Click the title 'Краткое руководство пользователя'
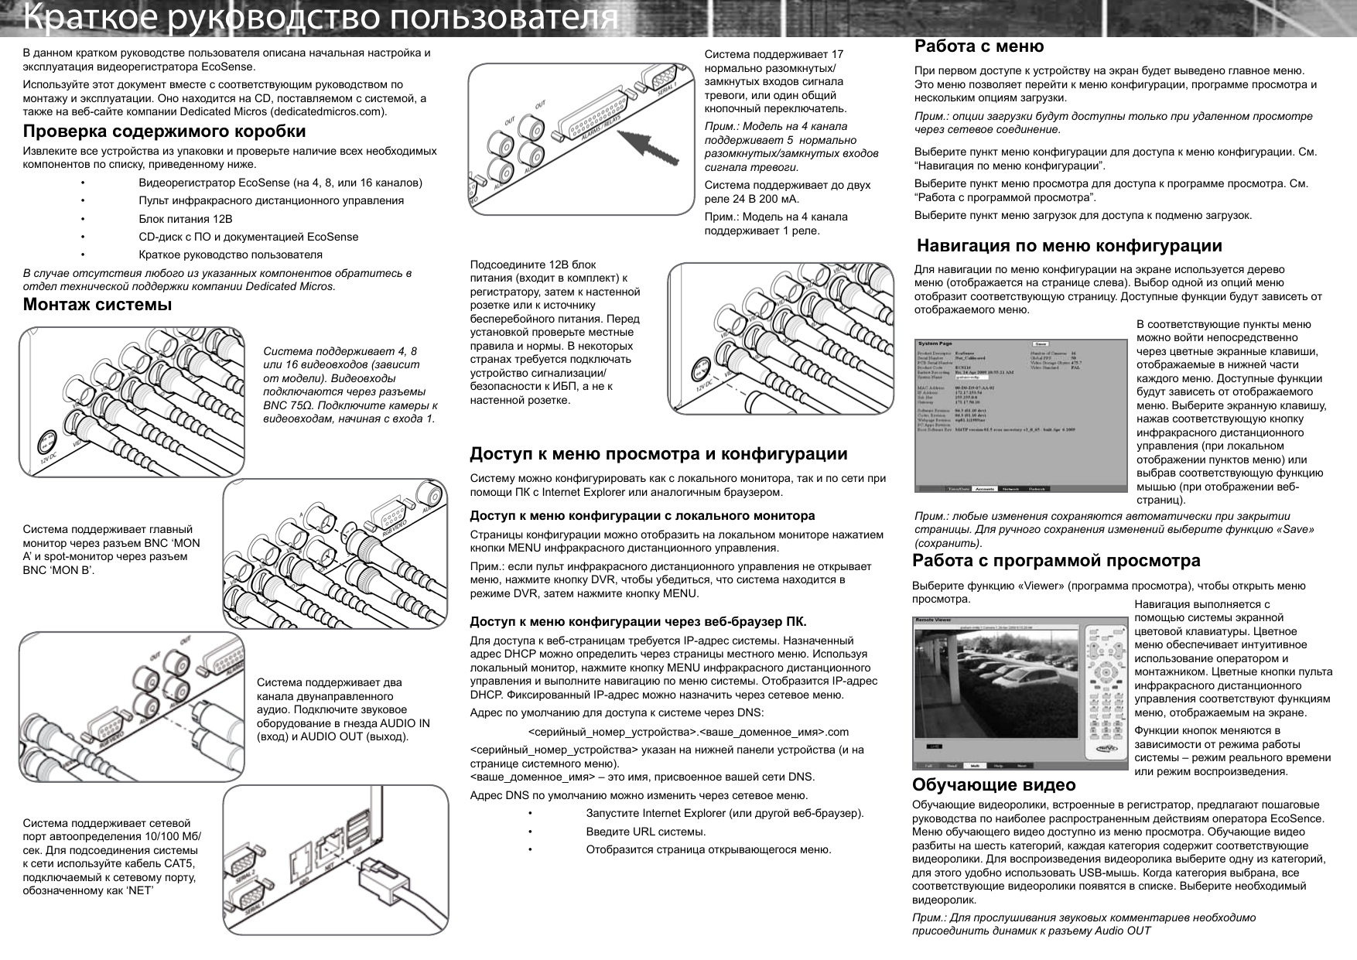pos(320,19)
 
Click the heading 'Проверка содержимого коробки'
pos(164,131)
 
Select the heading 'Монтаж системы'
pos(97,304)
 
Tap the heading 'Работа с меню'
pos(979,46)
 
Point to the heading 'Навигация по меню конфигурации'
pos(1069,246)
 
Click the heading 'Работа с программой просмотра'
pos(1057,560)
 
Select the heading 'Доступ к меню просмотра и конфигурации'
pos(658,453)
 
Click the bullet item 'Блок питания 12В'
pos(185,219)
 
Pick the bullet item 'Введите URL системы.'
pos(646,832)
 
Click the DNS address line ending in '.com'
pos(688,732)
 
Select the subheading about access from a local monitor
pos(642,515)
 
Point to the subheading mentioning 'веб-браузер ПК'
pos(638,622)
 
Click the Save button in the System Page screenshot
pos(1041,344)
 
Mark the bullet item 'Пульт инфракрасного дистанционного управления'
pos(271,201)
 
